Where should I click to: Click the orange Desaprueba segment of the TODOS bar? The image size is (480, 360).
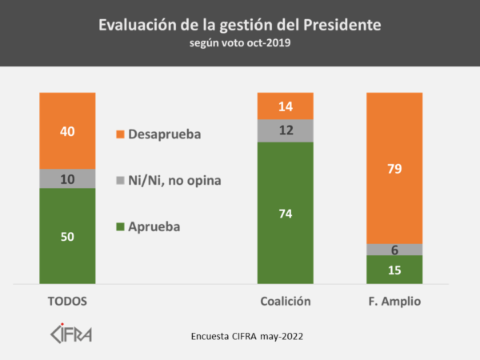coord(67,130)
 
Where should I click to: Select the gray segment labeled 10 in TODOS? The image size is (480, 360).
coord(67,178)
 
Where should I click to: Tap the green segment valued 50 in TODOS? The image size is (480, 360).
coord(67,235)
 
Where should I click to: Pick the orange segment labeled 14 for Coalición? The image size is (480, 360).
coord(285,106)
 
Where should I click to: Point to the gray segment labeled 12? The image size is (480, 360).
coord(285,130)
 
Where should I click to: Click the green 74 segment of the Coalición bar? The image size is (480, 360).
coord(285,212)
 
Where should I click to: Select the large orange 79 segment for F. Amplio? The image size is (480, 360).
coord(394,168)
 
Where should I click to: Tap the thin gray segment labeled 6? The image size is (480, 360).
coord(394,250)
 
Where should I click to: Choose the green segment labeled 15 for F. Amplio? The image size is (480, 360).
coord(394,270)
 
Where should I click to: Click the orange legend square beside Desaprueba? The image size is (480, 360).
coord(121,134)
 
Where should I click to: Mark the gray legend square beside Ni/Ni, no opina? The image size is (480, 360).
coord(121,181)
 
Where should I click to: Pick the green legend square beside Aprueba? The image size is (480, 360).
coord(121,226)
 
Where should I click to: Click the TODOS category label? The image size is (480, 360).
coord(67,301)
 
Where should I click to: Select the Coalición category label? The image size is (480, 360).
coord(285,301)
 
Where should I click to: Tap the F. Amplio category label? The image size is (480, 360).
coord(394,301)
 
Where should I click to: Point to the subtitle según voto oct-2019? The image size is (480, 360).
coord(240,43)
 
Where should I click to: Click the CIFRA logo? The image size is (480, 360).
coord(71,332)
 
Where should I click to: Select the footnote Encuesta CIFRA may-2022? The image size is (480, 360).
coord(247,336)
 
